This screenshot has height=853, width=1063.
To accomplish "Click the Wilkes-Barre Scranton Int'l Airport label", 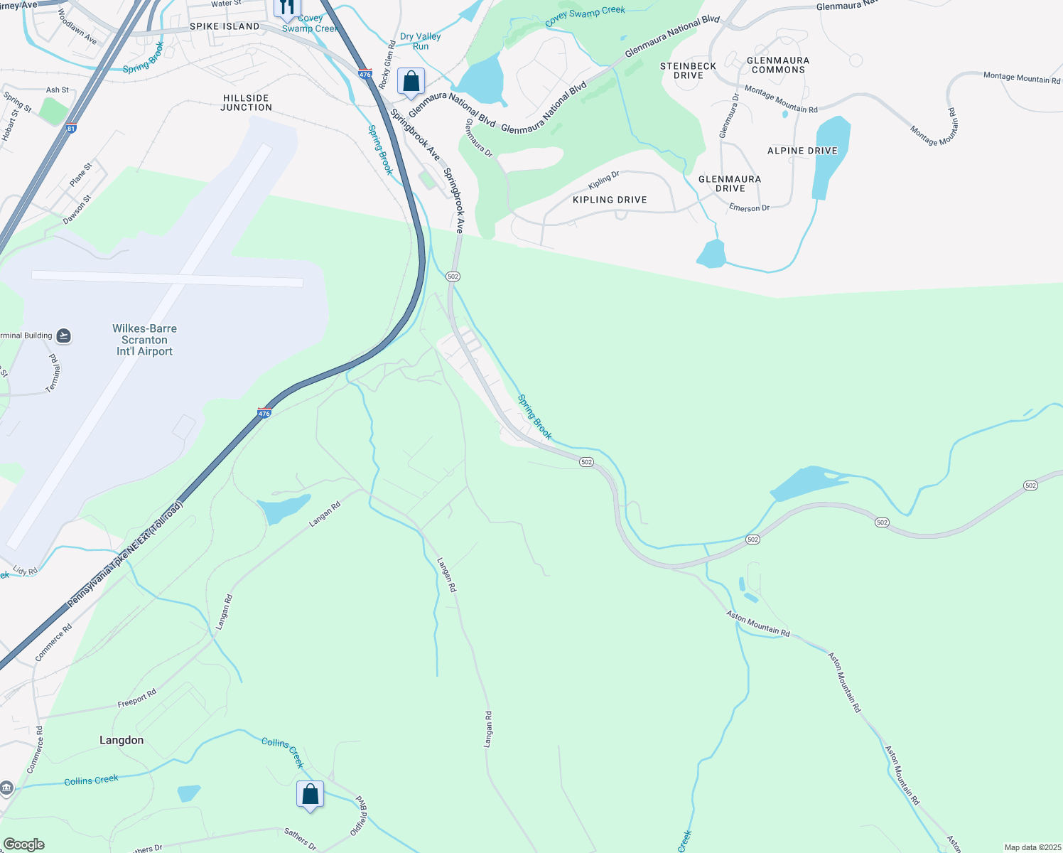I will coord(144,340).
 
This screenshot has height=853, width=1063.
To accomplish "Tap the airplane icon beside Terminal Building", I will coord(63,336).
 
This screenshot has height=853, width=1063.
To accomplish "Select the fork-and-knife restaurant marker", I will coord(287,8).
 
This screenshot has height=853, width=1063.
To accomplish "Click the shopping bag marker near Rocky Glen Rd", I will coord(411,82).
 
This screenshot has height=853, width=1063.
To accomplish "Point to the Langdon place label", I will coord(122,740).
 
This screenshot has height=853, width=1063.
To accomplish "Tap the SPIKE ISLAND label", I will coord(225,26).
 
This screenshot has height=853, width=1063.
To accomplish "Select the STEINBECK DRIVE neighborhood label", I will coord(688,70).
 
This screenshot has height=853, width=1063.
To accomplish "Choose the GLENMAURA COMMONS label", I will coord(778,65).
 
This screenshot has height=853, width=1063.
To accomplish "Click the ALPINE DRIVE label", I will coord(802,151).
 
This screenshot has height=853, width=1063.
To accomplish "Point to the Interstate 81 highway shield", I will coord(70,129).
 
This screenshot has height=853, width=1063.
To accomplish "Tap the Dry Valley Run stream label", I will coord(420,41).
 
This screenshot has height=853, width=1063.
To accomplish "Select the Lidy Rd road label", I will coord(25,571).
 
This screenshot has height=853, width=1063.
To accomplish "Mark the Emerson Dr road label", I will coord(749,208).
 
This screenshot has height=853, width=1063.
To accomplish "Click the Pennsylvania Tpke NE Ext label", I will coord(125,554).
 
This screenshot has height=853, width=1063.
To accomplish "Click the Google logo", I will coord(23,844).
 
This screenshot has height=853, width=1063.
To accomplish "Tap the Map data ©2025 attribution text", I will coord(1032,847).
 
